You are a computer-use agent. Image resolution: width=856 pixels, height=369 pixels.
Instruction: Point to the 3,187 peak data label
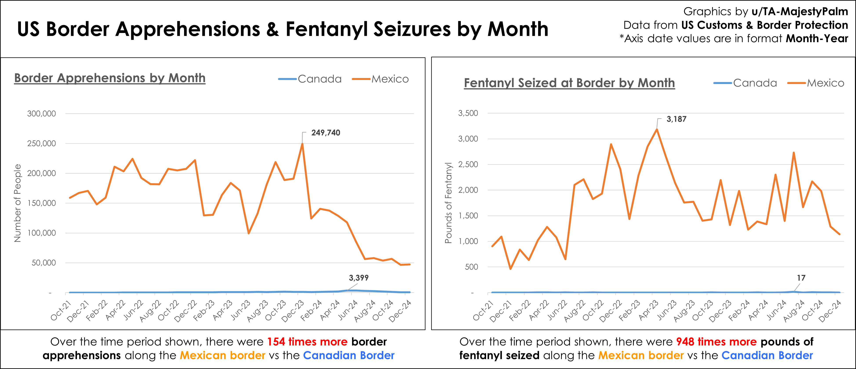click(x=676, y=119)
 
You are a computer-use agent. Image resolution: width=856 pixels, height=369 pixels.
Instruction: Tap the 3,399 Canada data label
click(x=358, y=278)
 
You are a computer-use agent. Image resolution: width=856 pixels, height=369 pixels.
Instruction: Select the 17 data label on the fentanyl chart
click(x=801, y=278)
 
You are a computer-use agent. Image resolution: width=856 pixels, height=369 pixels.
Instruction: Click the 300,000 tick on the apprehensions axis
click(x=42, y=114)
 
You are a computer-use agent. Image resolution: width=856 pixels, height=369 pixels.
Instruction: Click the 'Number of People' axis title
click(x=18, y=203)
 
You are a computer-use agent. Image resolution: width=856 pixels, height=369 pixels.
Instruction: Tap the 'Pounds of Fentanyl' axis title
click(x=449, y=203)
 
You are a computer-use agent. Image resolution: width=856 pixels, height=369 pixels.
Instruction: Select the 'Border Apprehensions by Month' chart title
click(x=110, y=78)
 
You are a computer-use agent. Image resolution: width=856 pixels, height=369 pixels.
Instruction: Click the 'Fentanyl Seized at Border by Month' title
click(x=569, y=83)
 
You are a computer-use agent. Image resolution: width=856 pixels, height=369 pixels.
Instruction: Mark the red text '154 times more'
click(x=307, y=342)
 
